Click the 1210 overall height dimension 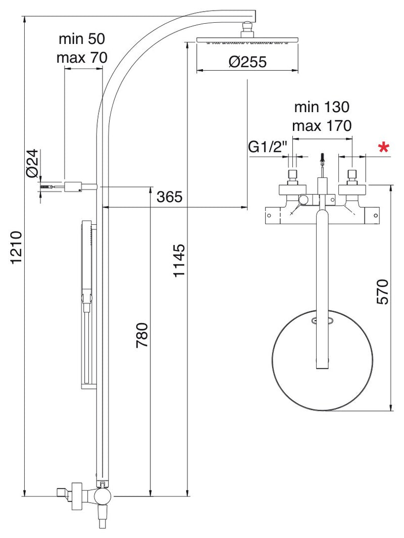[16, 248]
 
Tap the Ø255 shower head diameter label [247, 62]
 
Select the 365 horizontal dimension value [169, 198]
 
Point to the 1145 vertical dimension [179, 260]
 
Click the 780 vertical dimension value [142, 335]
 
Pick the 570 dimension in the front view [382, 291]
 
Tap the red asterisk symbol [383, 148]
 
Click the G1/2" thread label [268, 148]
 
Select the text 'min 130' [322, 107]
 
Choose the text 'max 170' [322, 126]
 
